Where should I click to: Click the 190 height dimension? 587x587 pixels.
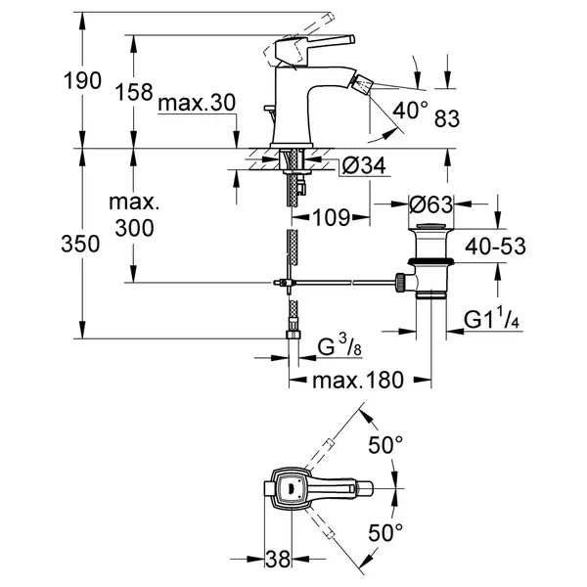tap(82, 80)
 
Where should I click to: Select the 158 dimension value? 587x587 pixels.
tap(134, 92)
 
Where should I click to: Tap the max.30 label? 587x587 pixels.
tap(197, 103)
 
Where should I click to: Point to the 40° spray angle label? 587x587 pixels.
tap(410, 110)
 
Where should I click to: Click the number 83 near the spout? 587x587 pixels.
tap(447, 118)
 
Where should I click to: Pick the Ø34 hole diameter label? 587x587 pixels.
tap(364, 165)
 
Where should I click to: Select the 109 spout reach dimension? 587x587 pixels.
tap(332, 218)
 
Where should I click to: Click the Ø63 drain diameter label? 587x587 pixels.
tap(430, 204)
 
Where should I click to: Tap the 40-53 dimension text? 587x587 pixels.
tap(495, 247)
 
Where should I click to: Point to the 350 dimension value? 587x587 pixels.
tap(80, 244)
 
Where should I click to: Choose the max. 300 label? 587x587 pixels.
tap(134, 215)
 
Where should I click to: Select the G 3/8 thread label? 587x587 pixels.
tap(339, 346)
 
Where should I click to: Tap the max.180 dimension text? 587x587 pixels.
tap(358, 380)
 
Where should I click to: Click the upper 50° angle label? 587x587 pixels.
tap(385, 445)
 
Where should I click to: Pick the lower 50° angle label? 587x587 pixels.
tap(385, 533)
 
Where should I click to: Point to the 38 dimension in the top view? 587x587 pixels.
tap(278, 559)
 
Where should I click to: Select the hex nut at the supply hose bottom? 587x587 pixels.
tap(293, 334)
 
